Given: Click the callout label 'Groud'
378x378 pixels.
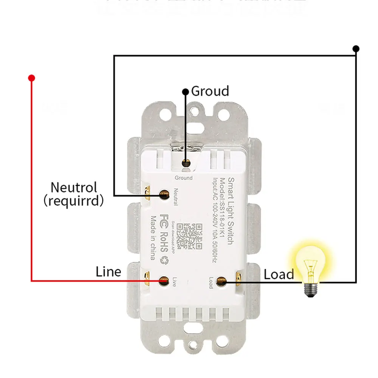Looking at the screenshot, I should pyautogui.click(x=210, y=91).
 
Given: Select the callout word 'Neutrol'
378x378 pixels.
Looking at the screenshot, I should pyautogui.click(x=74, y=187).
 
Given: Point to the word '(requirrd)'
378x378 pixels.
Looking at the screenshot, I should pyautogui.click(x=74, y=201).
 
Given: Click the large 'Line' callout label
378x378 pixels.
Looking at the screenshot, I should pyautogui.click(x=108, y=272).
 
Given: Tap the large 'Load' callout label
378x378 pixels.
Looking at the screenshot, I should pyautogui.click(x=279, y=274).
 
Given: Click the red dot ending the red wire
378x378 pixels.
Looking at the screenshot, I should pyautogui.click(x=32, y=78).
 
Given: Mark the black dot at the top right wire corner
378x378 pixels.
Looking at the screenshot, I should pyautogui.click(x=356, y=49).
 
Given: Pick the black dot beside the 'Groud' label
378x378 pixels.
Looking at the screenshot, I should pyautogui.click(x=185, y=92).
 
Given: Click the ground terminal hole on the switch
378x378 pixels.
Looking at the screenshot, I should pyautogui.click(x=185, y=163).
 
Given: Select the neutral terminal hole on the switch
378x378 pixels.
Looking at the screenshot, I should pyautogui.click(x=164, y=195).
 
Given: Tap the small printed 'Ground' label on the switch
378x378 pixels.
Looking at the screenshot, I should pyautogui.click(x=183, y=178).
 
